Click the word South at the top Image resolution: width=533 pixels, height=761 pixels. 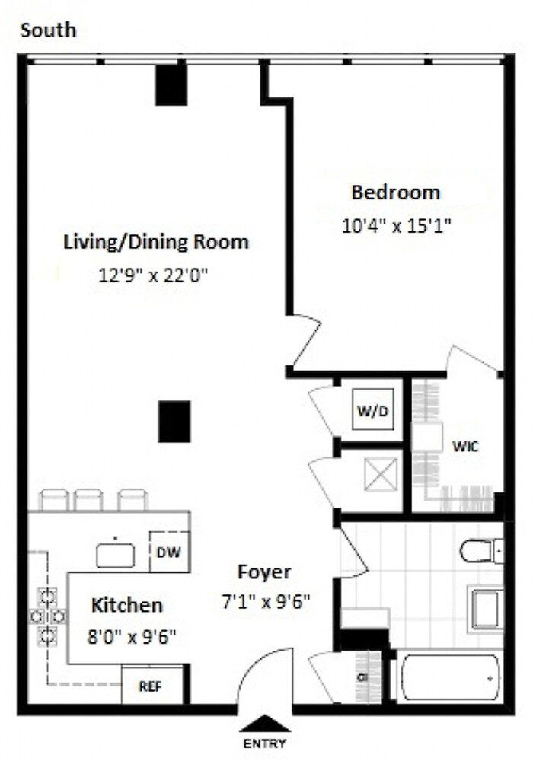[49, 31]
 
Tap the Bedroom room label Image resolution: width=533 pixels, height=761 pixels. [395, 193]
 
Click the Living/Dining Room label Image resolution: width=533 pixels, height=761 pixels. [155, 243]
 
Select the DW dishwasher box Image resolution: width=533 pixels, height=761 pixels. [169, 553]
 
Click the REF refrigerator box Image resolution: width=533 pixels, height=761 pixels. [152, 684]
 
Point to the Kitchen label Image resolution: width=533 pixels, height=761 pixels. [127, 606]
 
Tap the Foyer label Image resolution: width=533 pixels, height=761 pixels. [263, 572]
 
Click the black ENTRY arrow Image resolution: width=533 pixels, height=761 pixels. [265, 724]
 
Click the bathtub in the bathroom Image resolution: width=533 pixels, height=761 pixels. [450, 677]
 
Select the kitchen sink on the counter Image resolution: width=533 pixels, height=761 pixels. [116, 554]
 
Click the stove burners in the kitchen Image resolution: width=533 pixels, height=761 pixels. [47, 614]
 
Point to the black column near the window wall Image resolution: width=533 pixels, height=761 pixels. [171, 85]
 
